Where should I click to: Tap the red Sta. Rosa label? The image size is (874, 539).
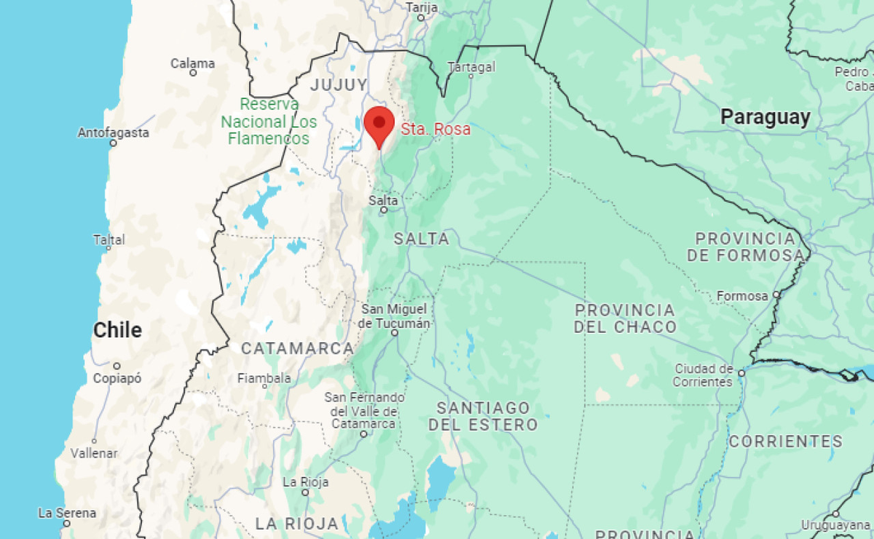(436, 130)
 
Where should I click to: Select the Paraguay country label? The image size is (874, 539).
(765, 117)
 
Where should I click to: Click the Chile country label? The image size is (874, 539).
(117, 330)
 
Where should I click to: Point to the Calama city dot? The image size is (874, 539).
(193, 73)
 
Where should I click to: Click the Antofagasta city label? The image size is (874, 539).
(113, 133)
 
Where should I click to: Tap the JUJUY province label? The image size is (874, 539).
(339, 85)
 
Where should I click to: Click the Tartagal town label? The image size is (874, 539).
(471, 67)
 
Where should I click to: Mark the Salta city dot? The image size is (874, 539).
(383, 211)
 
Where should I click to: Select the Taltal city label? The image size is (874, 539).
(109, 239)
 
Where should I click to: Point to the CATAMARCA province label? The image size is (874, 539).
(297, 349)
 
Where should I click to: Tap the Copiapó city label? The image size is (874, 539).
(117, 378)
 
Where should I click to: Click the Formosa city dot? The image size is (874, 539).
(776, 295)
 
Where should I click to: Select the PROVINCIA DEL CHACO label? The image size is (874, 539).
(625, 318)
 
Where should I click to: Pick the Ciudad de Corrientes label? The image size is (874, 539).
(703, 375)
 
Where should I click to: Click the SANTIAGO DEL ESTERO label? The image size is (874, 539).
(483, 416)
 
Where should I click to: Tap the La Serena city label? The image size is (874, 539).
(67, 513)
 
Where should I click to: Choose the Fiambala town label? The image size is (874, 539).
(264, 378)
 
